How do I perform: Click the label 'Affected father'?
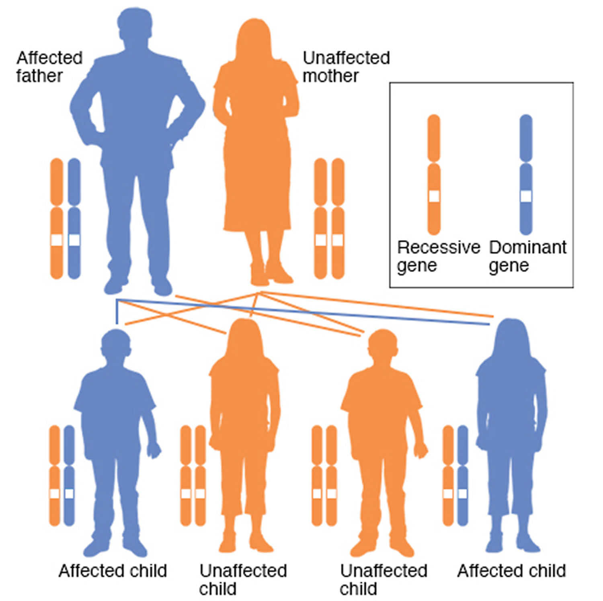49,67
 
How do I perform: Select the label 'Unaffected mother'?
346,67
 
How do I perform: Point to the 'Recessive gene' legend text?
439,257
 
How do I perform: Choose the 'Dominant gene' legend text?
528,257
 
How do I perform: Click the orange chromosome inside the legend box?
434,175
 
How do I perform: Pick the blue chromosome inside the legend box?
526,175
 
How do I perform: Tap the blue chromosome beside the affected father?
74,218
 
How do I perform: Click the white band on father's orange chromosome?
57,240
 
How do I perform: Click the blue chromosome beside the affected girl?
463,475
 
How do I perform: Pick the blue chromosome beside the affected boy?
69,475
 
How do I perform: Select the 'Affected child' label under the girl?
511,570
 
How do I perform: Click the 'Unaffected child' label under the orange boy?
383,579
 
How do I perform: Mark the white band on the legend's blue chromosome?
526,196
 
